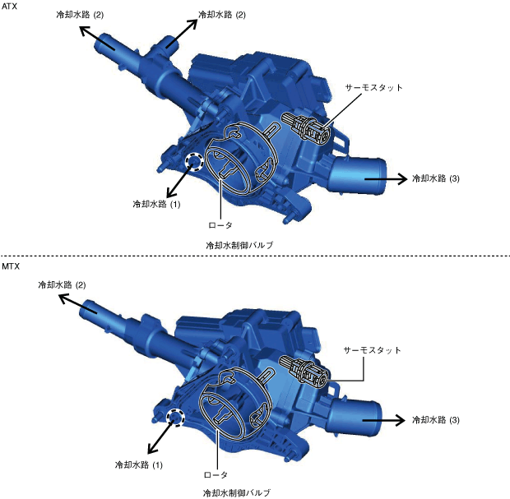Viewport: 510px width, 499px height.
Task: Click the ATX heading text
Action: point(9,7)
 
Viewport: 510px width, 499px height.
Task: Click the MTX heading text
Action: point(11,266)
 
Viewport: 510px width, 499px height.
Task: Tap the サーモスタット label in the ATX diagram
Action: point(374,88)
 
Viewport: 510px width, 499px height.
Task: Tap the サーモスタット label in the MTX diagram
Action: point(372,350)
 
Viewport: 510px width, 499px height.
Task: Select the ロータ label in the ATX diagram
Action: point(220,225)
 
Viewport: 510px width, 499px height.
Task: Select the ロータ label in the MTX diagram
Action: point(216,475)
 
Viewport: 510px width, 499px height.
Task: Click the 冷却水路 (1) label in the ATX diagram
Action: point(156,204)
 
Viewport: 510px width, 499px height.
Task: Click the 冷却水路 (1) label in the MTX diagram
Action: point(138,464)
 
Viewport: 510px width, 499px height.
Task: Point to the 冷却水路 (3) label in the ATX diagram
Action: point(435,178)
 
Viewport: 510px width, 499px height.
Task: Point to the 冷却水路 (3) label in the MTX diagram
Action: point(435,420)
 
